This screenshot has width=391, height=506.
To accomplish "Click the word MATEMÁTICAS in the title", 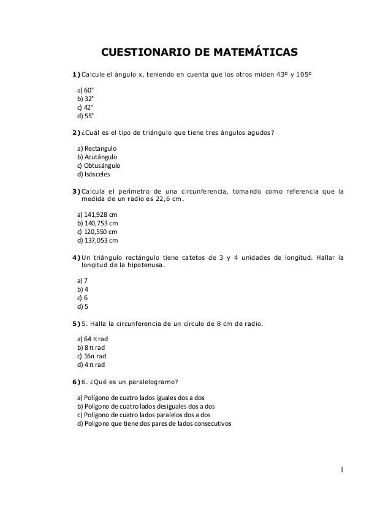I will point(243,51).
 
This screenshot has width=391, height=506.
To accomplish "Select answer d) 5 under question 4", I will point(81,307).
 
